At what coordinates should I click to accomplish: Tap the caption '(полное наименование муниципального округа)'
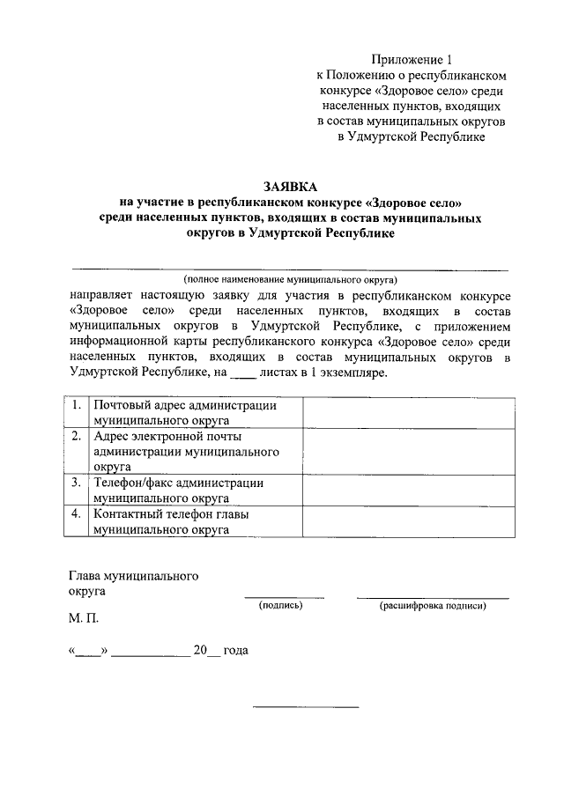click(289, 277)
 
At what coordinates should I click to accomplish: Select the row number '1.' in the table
click(78, 406)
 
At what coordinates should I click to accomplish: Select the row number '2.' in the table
click(78, 436)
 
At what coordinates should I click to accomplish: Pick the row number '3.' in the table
click(78, 482)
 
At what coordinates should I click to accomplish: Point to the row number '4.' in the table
click(78, 513)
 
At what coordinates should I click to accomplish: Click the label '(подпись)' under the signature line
click(280, 606)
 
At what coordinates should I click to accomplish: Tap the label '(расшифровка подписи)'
click(433, 606)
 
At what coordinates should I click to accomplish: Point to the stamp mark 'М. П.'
click(85, 618)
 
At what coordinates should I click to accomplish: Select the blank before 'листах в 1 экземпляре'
click(241, 374)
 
